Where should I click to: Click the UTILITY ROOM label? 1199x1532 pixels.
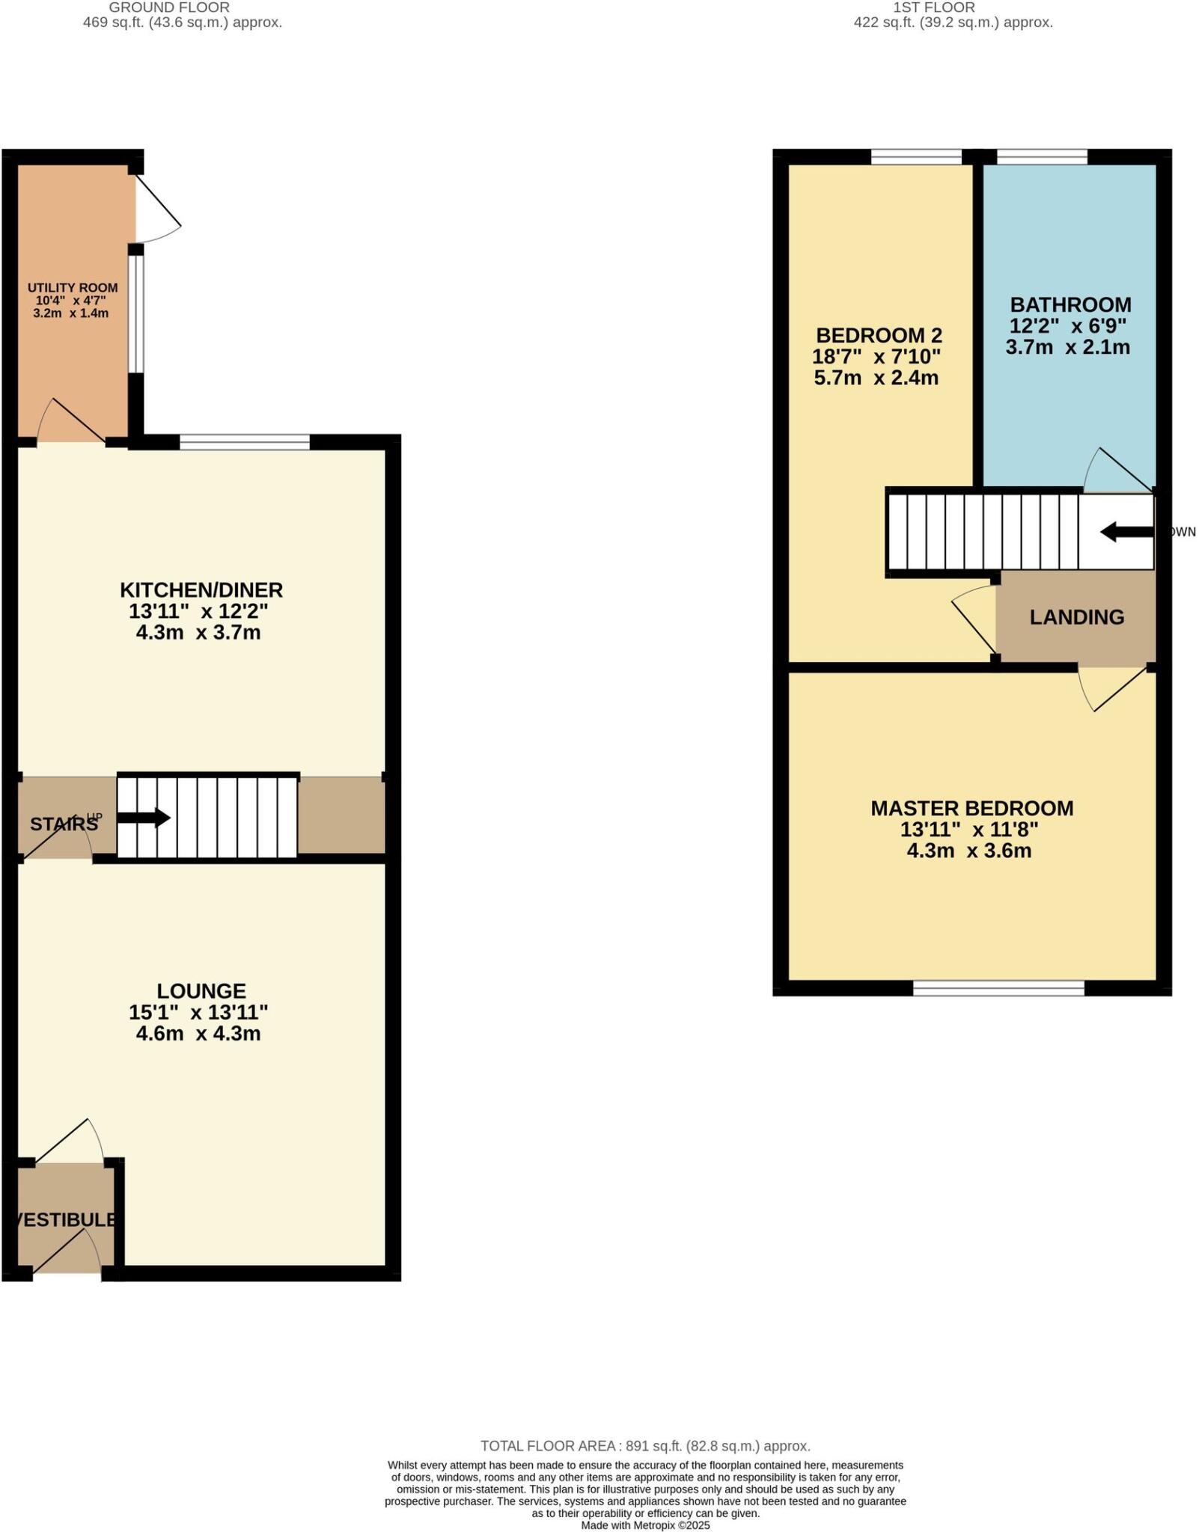pyautogui.click(x=73, y=288)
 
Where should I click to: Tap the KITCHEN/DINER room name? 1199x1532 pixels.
pyautogui.click(x=201, y=590)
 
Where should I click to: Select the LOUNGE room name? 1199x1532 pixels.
pyautogui.click(x=201, y=991)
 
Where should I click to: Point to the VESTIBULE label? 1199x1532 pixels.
pyautogui.click(x=67, y=1219)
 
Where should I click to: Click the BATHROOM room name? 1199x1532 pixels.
pyautogui.click(x=1070, y=305)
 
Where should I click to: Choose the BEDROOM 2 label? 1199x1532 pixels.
pyautogui.click(x=879, y=335)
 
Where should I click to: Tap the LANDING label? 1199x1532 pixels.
pyautogui.click(x=1076, y=617)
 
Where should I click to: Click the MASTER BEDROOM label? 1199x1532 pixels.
pyautogui.click(x=971, y=809)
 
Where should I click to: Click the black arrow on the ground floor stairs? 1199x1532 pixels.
pyautogui.click(x=144, y=818)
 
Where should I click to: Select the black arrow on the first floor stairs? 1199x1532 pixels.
pyautogui.click(x=1126, y=532)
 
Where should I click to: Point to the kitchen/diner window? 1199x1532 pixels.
pyautogui.click(x=245, y=442)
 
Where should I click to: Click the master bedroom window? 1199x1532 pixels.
pyautogui.click(x=998, y=988)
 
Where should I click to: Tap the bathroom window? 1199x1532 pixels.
pyautogui.click(x=1042, y=156)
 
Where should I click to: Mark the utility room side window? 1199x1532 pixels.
pyautogui.click(x=135, y=314)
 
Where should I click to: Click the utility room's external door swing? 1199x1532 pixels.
pyautogui.click(x=157, y=209)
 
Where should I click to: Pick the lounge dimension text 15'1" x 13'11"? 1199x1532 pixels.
pyautogui.click(x=198, y=1013)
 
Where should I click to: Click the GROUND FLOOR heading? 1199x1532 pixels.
pyautogui.click(x=169, y=7)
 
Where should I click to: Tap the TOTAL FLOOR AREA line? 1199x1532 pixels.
pyautogui.click(x=645, y=1446)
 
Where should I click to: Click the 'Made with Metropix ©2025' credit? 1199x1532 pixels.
pyautogui.click(x=645, y=1525)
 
